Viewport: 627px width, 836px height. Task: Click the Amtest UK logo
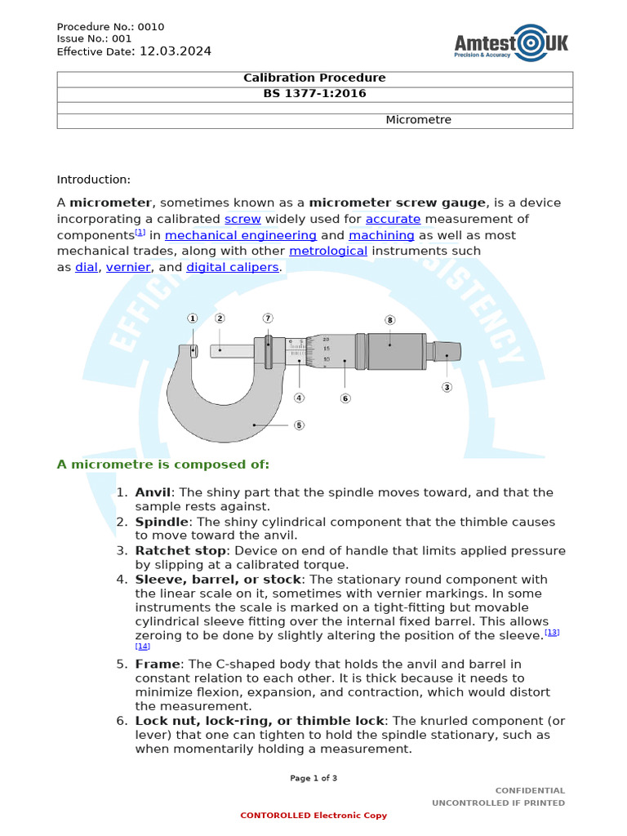click(x=511, y=42)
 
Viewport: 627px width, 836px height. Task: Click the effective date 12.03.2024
click(x=176, y=51)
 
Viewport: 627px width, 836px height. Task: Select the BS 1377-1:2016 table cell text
click(x=314, y=93)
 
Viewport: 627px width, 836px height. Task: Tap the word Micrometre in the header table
click(x=418, y=120)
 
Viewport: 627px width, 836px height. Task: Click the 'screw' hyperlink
click(x=242, y=219)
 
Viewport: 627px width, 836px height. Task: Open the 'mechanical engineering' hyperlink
click(x=241, y=235)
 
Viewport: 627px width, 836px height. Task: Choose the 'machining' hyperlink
click(x=381, y=235)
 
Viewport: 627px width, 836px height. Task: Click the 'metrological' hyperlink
click(x=328, y=251)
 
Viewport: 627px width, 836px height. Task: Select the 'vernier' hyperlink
click(x=128, y=267)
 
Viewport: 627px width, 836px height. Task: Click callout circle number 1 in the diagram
click(x=193, y=318)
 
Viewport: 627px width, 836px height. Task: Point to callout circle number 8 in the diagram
click(x=389, y=320)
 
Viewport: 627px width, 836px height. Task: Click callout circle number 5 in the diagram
click(x=299, y=425)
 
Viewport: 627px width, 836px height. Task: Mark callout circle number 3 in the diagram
click(x=447, y=387)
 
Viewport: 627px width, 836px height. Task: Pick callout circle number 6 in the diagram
click(x=345, y=398)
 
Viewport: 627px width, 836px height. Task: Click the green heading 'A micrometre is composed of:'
click(x=162, y=465)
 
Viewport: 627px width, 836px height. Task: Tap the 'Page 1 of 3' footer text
click(x=313, y=778)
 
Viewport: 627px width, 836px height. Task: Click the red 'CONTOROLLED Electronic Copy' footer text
click(x=313, y=816)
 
